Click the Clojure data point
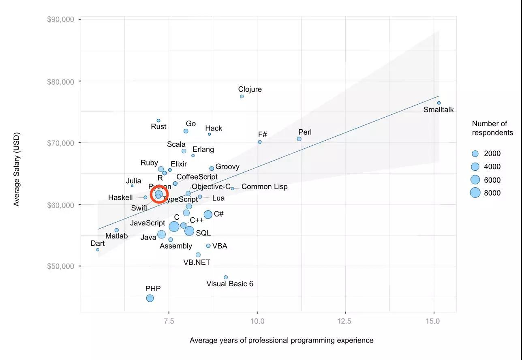[x=242, y=96]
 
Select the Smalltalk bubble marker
[x=439, y=103]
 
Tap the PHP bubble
[x=150, y=298]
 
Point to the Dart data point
[x=98, y=250]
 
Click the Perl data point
[x=299, y=139]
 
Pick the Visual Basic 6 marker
[x=226, y=277]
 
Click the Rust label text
[x=158, y=126]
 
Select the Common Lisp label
[x=264, y=187]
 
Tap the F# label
[x=263, y=135]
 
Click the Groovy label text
[x=227, y=167]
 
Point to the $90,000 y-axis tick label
[x=61, y=19]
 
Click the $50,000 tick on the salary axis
[x=61, y=266]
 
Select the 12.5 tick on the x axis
[x=346, y=321]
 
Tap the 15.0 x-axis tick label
[x=434, y=321]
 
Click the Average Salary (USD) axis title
[x=17, y=169]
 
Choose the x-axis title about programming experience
[x=282, y=340]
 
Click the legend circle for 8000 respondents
[x=475, y=193]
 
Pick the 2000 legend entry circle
[x=475, y=154]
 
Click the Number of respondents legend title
[x=492, y=128]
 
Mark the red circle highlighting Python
[x=159, y=195]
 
